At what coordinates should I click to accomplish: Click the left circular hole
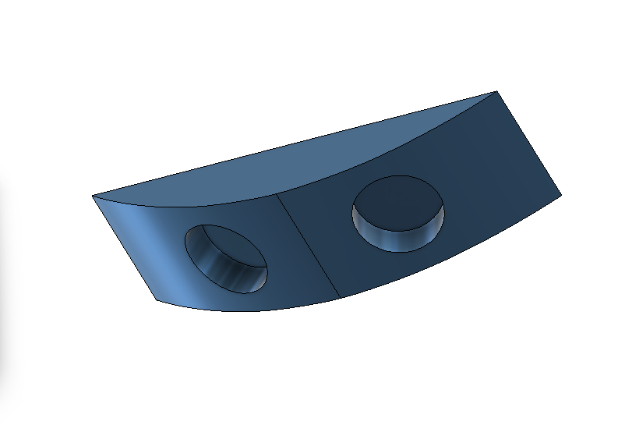coord(225,258)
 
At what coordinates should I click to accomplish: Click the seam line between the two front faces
coord(308,246)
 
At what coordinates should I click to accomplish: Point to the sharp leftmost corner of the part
coord(92,196)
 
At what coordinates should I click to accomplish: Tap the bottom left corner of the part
coord(159,299)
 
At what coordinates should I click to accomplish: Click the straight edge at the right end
coord(528,141)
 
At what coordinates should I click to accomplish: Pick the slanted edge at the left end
coord(125,247)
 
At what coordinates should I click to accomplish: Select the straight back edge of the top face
coord(296,144)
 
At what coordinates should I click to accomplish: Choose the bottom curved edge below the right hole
coord(452,254)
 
